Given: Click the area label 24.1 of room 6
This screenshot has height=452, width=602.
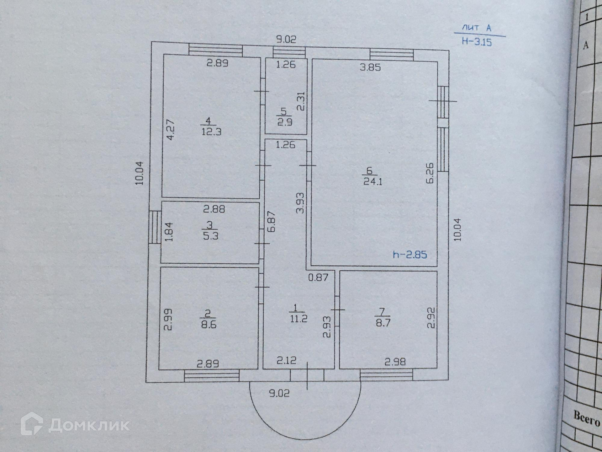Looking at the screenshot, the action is [x=373, y=182].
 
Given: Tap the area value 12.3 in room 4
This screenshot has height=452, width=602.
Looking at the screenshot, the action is [x=211, y=132].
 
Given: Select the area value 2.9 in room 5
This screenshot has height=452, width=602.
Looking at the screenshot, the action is [x=285, y=122].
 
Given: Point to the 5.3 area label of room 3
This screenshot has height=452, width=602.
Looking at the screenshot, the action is [x=210, y=236].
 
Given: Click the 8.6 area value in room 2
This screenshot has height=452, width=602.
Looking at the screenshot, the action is [x=209, y=324].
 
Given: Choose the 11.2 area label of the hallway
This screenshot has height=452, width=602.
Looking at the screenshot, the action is [x=298, y=319].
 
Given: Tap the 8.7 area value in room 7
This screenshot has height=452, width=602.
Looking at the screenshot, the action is [x=383, y=323].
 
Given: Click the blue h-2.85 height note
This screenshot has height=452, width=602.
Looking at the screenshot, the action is [x=410, y=255].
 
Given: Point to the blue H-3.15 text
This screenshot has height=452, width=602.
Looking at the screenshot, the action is [x=477, y=42].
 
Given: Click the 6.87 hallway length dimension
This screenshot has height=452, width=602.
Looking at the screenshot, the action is [x=272, y=221].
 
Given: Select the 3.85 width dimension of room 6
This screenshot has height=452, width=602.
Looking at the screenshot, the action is [x=370, y=67].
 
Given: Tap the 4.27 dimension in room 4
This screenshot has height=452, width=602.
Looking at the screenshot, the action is [x=170, y=129].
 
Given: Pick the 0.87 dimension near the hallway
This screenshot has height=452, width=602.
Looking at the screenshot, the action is [x=318, y=277].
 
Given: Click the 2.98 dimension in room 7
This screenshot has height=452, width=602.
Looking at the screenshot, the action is [x=395, y=362].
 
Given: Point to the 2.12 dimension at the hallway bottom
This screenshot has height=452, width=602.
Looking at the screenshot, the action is [x=286, y=360].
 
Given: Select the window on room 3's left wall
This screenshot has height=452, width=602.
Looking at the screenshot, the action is [x=154, y=227].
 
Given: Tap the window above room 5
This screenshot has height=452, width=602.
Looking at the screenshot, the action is [x=289, y=52].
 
